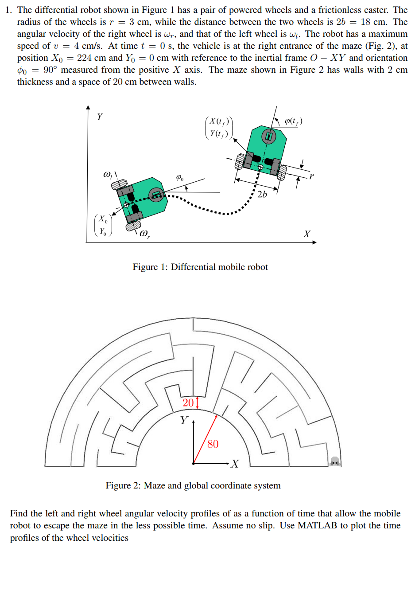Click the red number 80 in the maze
(213, 444)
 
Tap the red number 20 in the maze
(188, 403)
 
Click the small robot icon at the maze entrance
(335, 461)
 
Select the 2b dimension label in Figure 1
(262, 194)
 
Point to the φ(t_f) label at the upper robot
(293, 121)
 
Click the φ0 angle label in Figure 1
(180, 178)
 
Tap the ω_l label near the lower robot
(108, 174)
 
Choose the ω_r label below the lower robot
(145, 234)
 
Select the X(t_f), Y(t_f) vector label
(219, 127)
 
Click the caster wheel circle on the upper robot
(268, 136)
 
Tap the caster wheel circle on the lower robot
(156, 194)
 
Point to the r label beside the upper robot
(311, 176)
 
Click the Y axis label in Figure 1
(100, 117)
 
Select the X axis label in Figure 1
(306, 234)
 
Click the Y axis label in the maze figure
(184, 420)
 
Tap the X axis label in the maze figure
(235, 464)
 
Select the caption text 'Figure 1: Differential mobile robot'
(200, 267)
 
